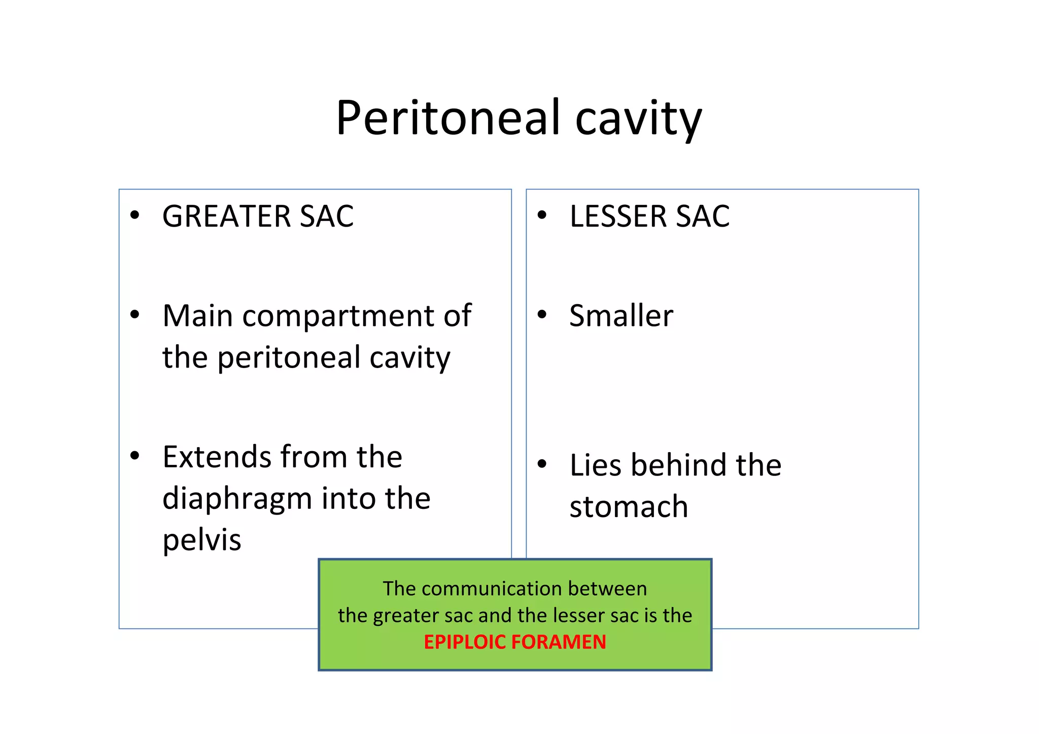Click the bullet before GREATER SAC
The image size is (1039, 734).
click(134, 215)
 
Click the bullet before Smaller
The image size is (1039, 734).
click(542, 315)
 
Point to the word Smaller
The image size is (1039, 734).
click(621, 316)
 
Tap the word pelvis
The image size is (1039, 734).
click(201, 540)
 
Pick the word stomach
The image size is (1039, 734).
click(628, 506)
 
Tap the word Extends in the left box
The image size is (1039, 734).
click(217, 457)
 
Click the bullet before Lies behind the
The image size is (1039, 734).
click(542, 464)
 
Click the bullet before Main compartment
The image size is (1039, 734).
click(134, 315)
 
